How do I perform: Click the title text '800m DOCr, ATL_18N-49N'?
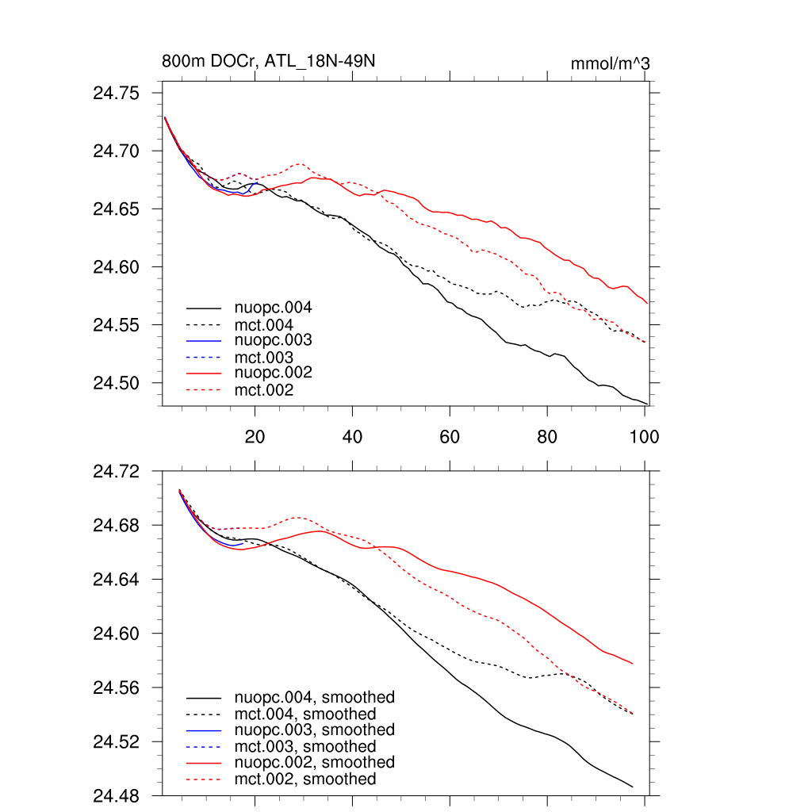[268, 62]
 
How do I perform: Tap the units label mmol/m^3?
[611, 63]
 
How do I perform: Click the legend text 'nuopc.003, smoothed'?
[315, 730]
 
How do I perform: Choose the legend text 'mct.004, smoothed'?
[305, 714]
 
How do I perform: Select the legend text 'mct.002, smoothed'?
[305, 779]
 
